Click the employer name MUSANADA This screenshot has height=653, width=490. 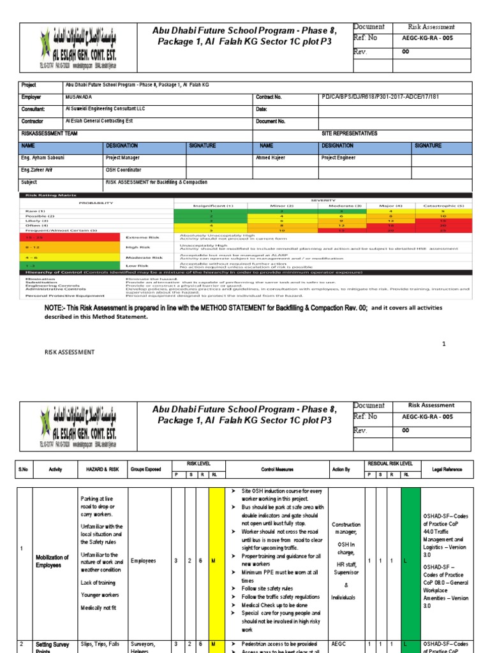[x=78, y=97]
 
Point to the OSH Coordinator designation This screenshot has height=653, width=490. [x=123, y=170]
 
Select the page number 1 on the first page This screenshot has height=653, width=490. [x=443, y=344]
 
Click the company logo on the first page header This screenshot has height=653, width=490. [x=78, y=48]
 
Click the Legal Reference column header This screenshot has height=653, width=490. [x=447, y=469]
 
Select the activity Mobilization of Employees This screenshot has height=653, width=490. [x=52, y=561]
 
